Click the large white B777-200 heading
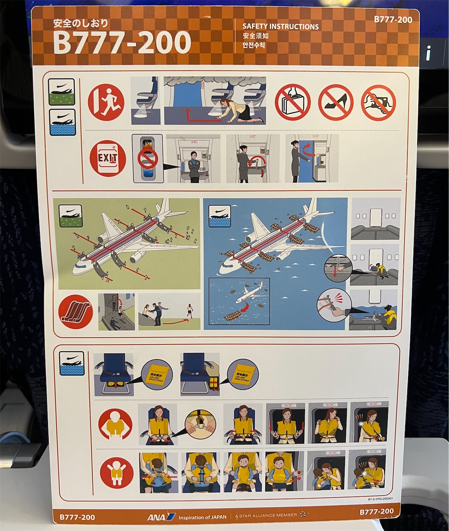(122, 42)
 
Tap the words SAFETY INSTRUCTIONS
(281, 26)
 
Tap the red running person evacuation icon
(106, 101)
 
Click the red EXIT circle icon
(108, 159)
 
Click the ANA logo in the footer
(161, 517)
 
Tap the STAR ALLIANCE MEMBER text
(268, 515)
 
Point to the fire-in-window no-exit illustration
(147, 158)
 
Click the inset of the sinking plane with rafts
(239, 301)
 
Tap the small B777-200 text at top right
(393, 19)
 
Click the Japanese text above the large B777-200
(81, 23)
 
